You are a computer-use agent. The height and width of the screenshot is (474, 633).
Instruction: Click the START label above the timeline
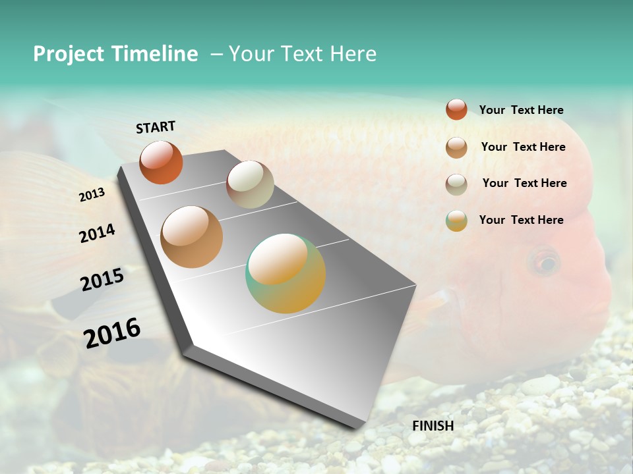coord(156,127)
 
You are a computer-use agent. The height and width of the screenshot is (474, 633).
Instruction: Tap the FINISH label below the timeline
coord(433,426)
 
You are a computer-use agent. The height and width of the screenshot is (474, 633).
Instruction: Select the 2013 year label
coord(92,195)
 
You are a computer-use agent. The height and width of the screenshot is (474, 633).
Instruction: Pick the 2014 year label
coord(98,233)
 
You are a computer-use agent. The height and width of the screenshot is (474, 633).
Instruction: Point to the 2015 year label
coord(102,280)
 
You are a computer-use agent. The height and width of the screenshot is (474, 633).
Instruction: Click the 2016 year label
coord(113,332)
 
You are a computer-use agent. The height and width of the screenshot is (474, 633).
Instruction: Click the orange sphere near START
coord(161,163)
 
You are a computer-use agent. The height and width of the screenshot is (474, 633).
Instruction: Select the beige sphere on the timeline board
coord(250,184)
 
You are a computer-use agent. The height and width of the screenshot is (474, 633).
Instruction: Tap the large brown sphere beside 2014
coord(192,237)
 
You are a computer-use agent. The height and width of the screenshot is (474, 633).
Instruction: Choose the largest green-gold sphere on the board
coord(286,273)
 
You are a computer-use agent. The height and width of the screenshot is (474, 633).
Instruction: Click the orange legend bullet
coord(456,109)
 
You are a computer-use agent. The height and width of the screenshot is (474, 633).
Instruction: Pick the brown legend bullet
coord(456,147)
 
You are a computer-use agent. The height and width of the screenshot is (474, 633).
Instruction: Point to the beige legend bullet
coord(456,184)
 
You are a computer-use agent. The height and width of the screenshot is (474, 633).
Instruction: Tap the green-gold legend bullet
coord(456,221)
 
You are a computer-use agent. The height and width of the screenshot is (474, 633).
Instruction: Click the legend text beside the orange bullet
coord(522,111)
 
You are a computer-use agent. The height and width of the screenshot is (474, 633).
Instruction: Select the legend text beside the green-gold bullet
coord(522,220)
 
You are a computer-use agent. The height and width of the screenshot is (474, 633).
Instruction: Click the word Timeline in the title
coord(154,54)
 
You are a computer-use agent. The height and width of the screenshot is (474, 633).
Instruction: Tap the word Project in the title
coord(69,54)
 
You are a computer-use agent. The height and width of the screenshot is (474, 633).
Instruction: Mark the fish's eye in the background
coord(545,263)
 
